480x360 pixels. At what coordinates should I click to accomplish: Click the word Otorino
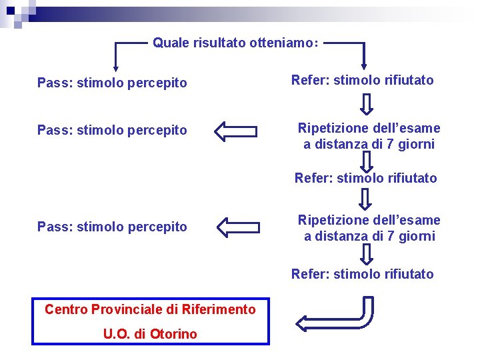pos(175,334)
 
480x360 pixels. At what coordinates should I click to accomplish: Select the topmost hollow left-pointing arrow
pos(236,131)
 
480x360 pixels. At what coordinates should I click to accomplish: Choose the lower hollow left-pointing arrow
pos(238,227)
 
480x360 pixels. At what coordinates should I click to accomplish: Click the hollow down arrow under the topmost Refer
pos(367,103)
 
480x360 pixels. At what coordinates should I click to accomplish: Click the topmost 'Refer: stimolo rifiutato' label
pos(363,81)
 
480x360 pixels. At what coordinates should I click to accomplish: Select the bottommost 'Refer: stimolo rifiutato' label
pos(363,274)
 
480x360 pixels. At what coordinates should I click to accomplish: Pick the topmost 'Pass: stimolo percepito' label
pos(112,83)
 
